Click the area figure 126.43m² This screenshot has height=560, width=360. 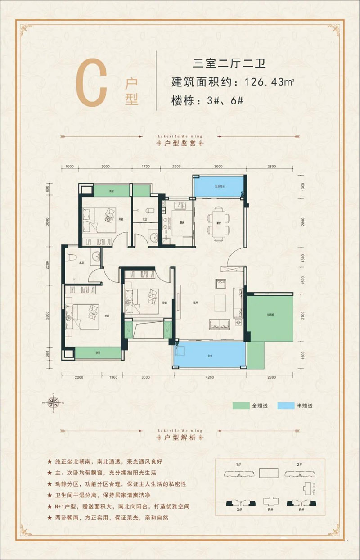click(x=269, y=83)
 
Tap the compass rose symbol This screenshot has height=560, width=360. click(x=54, y=402)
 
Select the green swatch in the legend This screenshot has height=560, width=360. click(x=241, y=406)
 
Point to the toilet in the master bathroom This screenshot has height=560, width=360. click(x=70, y=257)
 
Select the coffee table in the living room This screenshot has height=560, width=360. click(x=220, y=300)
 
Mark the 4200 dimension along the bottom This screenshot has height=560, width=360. click(x=209, y=377)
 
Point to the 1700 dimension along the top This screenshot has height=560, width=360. click(x=145, y=167)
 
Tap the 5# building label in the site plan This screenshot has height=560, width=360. click(x=270, y=510)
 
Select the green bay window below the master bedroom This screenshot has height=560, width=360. click(x=98, y=352)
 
